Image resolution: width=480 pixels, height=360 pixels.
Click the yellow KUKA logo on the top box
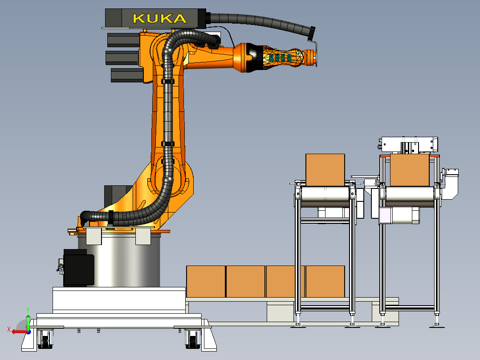pyautogui.click(x=159, y=19)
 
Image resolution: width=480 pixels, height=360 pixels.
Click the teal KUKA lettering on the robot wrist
pyautogui.click(x=280, y=58)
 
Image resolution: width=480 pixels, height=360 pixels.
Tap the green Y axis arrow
pyautogui.click(x=28, y=322)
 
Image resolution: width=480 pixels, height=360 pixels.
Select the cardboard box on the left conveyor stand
pyautogui.click(x=325, y=170)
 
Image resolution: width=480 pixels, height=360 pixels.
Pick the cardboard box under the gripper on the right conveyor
pyautogui.click(x=410, y=170)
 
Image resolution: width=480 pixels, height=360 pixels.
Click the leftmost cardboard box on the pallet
pyautogui.click(x=206, y=282)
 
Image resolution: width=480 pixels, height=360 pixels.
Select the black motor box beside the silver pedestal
pyautogui.click(x=78, y=268)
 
